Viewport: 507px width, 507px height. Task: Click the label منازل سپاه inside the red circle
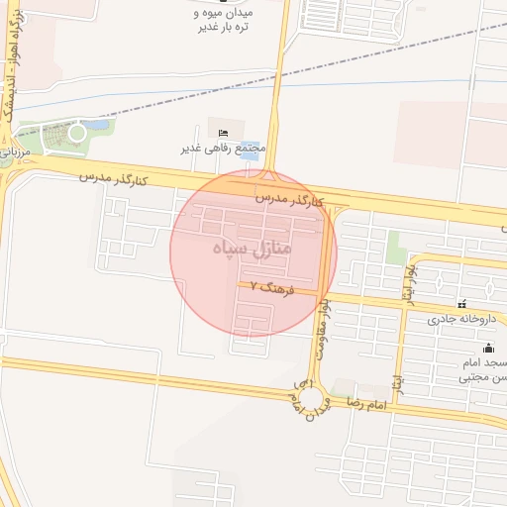click(x=253, y=247)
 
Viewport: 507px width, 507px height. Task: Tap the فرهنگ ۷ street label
click(x=266, y=288)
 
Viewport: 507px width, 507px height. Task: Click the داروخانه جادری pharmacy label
click(x=460, y=319)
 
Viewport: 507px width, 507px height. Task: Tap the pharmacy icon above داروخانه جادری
click(x=460, y=303)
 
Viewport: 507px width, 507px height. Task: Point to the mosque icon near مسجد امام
click(x=487, y=348)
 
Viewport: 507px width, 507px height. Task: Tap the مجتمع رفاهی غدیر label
click(x=224, y=149)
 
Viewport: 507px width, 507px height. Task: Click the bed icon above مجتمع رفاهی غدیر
click(x=224, y=133)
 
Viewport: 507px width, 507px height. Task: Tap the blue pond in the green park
click(x=96, y=126)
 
